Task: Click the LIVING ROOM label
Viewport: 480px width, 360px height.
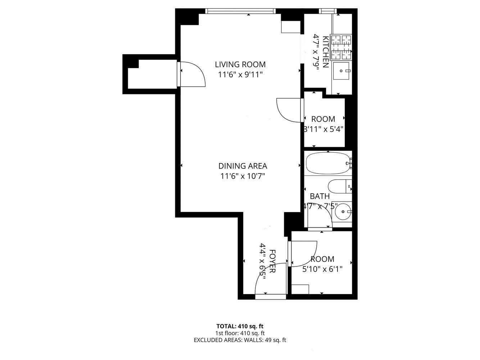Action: (x=240, y=64)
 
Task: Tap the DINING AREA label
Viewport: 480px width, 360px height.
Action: (x=243, y=166)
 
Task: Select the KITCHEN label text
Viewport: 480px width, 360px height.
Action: (x=325, y=52)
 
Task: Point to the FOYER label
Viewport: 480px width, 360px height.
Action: (x=272, y=261)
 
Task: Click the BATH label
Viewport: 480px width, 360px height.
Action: (x=320, y=196)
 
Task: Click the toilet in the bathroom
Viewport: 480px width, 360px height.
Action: (x=338, y=186)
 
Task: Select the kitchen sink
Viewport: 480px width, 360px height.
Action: (x=341, y=71)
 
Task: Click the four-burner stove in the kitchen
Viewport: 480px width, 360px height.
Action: (x=341, y=47)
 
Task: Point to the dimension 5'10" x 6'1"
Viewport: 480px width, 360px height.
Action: (x=322, y=269)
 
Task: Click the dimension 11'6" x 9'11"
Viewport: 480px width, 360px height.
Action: (x=240, y=75)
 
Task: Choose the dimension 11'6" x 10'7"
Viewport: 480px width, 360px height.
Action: (x=243, y=176)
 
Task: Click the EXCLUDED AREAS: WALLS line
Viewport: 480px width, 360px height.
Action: (x=240, y=340)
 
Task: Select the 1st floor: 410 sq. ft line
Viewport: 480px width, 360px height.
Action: (x=240, y=333)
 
